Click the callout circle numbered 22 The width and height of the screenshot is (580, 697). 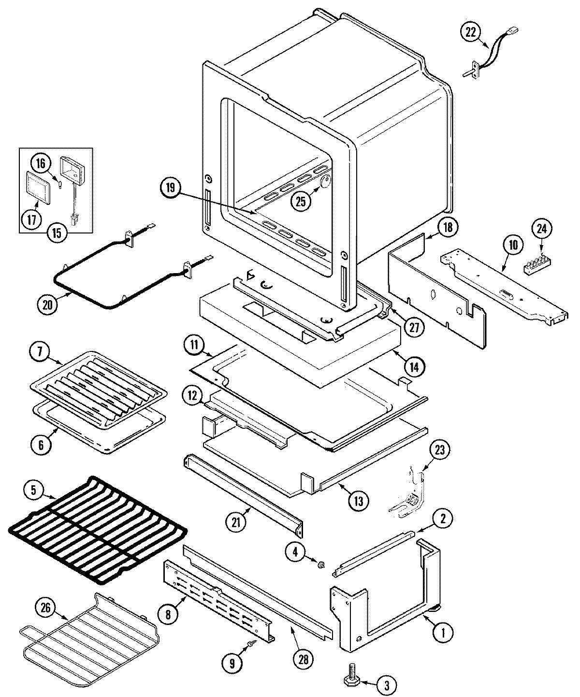pyautogui.click(x=470, y=32)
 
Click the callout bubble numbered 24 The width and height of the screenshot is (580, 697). pyautogui.click(x=542, y=229)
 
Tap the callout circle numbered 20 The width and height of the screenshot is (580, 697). pyautogui.click(x=47, y=305)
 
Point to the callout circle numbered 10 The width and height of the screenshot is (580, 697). pyautogui.click(x=512, y=245)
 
